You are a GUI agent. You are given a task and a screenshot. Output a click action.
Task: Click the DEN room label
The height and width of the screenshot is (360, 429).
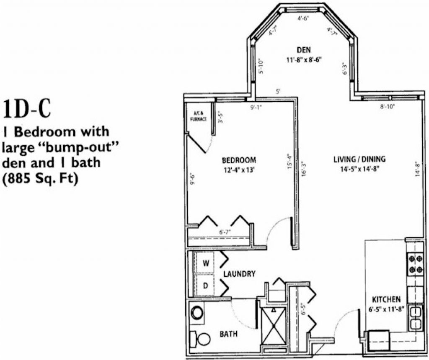304,50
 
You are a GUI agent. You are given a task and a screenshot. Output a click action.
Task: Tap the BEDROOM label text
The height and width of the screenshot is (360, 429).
239,160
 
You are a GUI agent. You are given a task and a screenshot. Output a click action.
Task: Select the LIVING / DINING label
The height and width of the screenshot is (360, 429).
359,159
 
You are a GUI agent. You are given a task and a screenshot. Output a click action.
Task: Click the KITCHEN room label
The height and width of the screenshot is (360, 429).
386,300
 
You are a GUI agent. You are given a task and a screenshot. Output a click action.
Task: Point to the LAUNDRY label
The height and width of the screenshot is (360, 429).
239,274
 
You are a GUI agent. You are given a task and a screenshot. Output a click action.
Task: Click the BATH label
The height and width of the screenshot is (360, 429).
229,334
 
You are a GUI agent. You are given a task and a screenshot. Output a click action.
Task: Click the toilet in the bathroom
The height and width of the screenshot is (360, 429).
200,339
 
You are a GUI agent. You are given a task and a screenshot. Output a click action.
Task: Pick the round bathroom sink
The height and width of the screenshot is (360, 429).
196,312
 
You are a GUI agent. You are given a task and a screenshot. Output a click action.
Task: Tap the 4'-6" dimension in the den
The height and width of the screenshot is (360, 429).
303,18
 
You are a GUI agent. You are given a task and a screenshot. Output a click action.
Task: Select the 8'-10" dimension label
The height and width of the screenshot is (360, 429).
388,106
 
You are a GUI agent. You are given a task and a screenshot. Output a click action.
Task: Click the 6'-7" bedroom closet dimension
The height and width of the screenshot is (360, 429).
225,232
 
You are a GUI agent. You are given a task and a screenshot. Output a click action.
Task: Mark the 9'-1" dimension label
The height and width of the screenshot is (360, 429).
256,107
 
